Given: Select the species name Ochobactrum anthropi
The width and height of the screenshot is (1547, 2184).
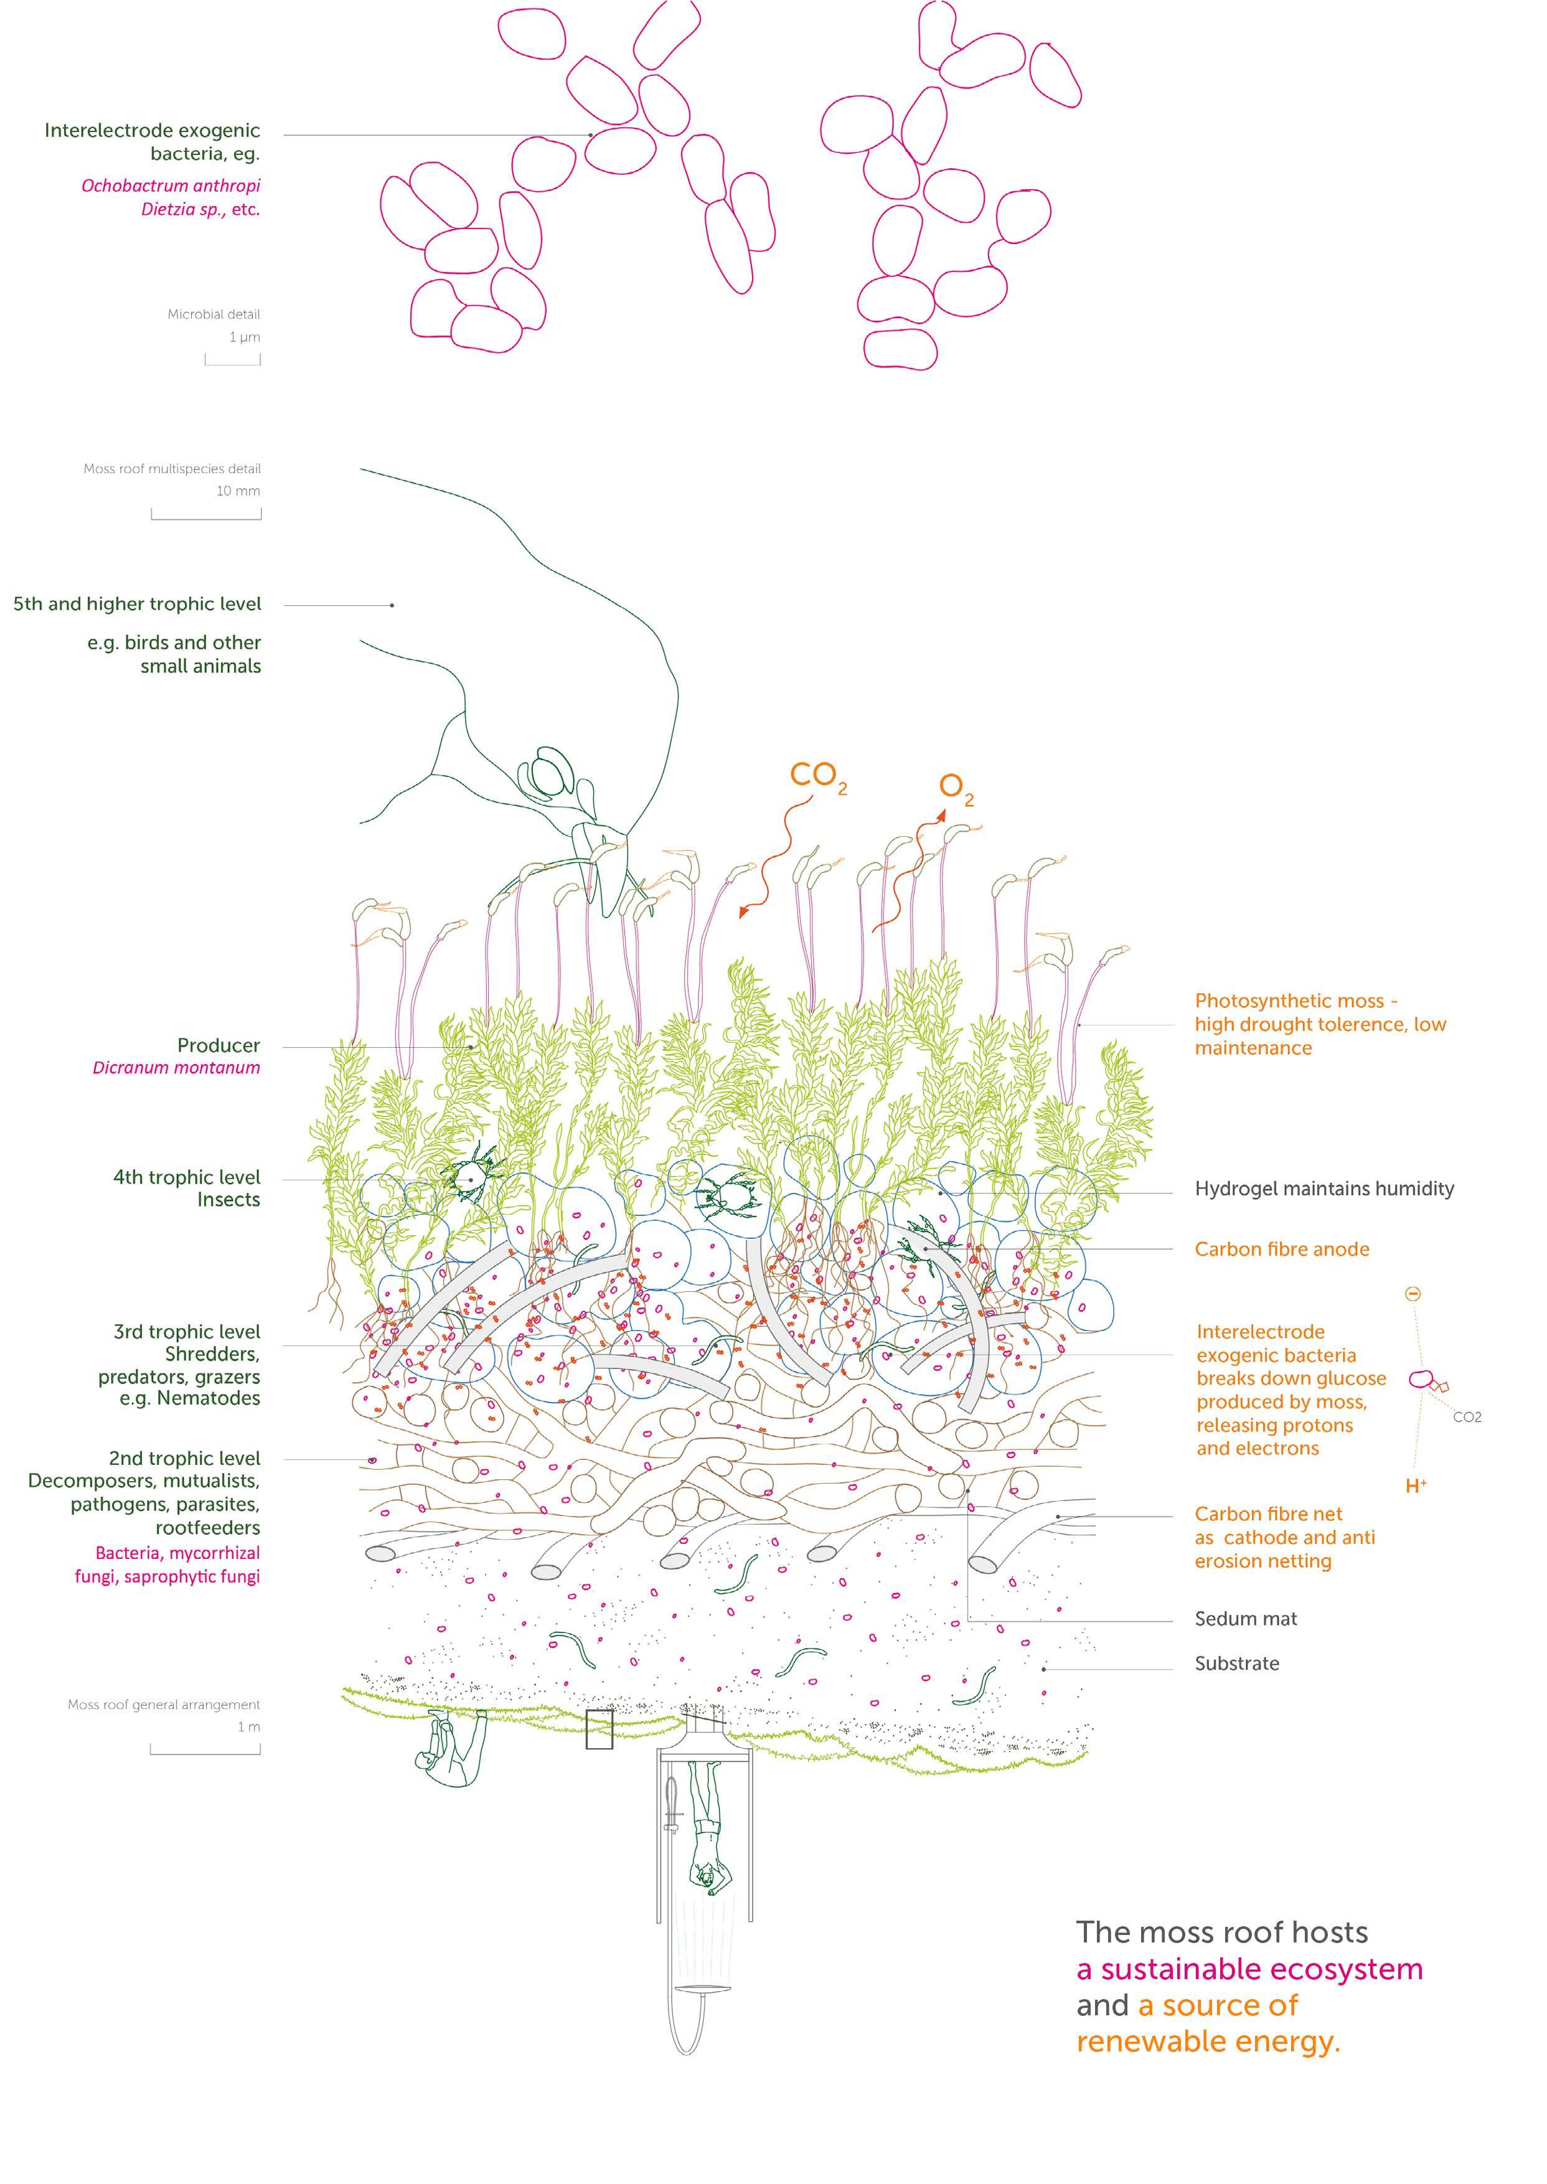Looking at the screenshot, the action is (x=171, y=186).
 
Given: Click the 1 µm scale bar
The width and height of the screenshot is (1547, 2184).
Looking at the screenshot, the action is (x=232, y=360).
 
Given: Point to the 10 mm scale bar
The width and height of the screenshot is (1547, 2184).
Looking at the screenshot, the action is (x=206, y=514).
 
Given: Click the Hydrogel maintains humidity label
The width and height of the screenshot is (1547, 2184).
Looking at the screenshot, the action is (x=1324, y=1188).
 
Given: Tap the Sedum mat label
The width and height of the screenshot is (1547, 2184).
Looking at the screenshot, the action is (x=1245, y=1618).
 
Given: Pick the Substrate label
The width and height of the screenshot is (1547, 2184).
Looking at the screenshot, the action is (x=1236, y=1663).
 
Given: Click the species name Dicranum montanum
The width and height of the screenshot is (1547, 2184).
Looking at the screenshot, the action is (x=176, y=1068).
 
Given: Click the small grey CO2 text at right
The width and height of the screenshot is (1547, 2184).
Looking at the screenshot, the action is (x=1466, y=1417).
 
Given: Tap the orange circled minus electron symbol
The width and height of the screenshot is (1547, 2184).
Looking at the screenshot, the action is (x=1413, y=1294).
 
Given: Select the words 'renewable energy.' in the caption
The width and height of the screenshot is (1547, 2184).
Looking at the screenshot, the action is (x=1208, y=2041).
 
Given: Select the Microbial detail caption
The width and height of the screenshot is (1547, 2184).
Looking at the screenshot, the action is (x=214, y=314).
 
